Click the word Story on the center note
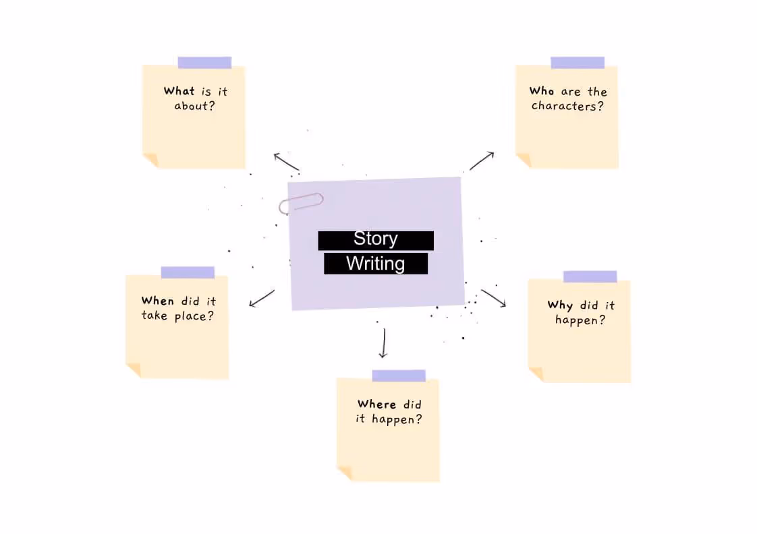[x=375, y=239]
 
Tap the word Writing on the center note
[x=375, y=263]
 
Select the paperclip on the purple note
[x=301, y=202]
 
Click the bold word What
[x=179, y=91]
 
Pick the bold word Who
[x=542, y=91]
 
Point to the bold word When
[x=157, y=301]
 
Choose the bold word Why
[x=560, y=305]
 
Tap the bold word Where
[x=376, y=404]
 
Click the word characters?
[x=567, y=106]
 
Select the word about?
[x=194, y=106]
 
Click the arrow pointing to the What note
[x=286, y=162]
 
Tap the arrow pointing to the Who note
[x=482, y=160]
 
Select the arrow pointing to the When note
[x=262, y=298]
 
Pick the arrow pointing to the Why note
[x=493, y=298]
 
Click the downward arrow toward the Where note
[x=383, y=343]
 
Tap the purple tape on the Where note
[x=399, y=376]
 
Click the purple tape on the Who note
[x=578, y=63]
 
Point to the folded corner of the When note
[x=134, y=369]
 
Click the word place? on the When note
[x=195, y=316]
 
